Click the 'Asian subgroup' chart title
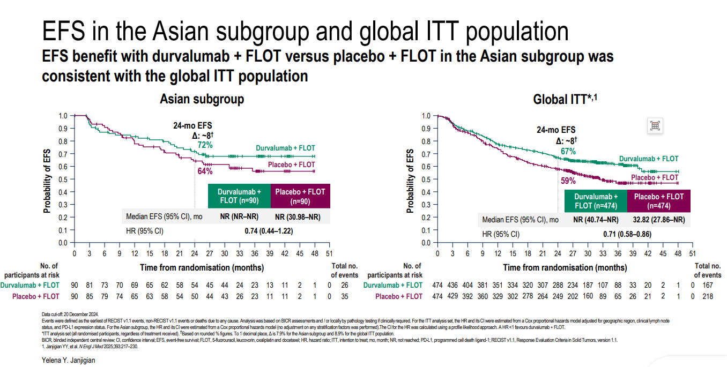(202, 99)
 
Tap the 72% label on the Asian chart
(205, 145)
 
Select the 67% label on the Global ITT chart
(568, 152)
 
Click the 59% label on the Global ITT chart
(568, 181)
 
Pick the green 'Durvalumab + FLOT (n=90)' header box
(239, 196)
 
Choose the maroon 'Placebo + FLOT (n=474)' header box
(658, 200)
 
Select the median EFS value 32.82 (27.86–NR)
(658, 220)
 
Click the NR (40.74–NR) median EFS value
(596, 220)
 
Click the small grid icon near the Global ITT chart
(655, 126)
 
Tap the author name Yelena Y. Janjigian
(68, 361)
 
